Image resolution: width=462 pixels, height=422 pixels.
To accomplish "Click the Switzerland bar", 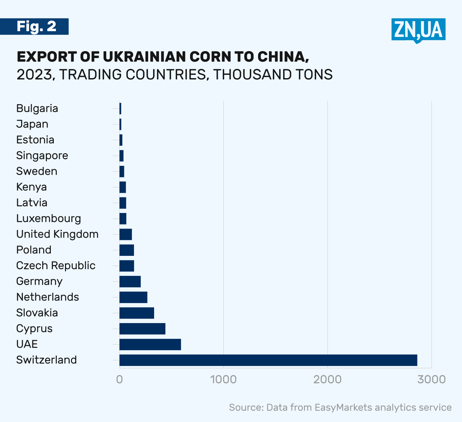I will (268, 360).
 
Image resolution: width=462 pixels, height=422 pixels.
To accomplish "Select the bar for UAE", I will (150, 344).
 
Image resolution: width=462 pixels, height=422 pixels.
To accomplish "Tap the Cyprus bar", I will (142, 329).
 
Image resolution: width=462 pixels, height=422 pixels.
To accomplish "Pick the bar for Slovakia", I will (137, 313).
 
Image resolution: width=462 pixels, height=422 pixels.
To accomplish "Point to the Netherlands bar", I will (133, 297).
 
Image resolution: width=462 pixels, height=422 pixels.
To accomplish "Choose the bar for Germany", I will (130, 282).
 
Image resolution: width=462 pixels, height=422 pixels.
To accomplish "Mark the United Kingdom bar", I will (126, 234).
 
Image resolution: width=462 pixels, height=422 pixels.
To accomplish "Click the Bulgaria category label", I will (37, 108).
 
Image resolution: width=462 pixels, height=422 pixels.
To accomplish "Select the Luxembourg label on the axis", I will (49, 218).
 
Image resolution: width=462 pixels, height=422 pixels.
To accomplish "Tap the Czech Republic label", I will (56, 265).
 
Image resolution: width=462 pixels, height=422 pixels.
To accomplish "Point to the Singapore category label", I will (42, 156).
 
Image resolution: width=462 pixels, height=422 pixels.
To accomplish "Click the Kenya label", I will (31, 187).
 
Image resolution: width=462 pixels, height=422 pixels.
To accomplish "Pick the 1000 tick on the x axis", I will (224, 379).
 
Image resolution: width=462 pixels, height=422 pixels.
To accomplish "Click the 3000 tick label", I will (431, 379).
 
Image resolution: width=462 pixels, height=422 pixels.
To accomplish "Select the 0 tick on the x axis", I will (119, 379).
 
